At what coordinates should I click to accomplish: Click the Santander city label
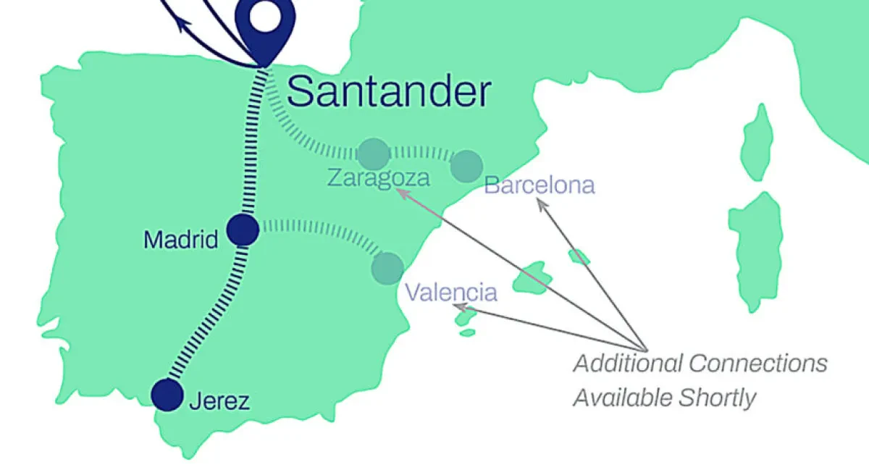(x=389, y=92)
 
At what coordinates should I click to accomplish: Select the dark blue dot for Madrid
(x=243, y=230)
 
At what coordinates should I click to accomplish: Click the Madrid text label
(x=181, y=239)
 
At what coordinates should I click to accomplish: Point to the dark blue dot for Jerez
(x=168, y=395)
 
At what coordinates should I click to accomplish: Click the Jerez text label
(x=219, y=401)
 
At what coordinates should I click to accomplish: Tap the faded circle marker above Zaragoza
(x=374, y=154)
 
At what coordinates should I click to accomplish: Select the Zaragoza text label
(x=378, y=177)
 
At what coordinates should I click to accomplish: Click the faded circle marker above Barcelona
(x=466, y=166)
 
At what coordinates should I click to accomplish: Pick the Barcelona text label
(x=540, y=185)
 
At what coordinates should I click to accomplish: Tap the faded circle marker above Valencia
(x=387, y=267)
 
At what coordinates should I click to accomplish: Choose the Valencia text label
(x=451, y=293)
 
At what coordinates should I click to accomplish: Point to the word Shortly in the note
(x=721, y=398)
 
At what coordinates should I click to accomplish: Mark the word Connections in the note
(x=758, y=363)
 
